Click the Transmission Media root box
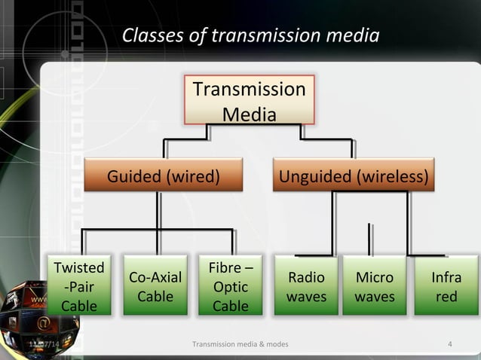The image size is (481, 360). [249, 101]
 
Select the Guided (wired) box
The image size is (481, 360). [164, 177]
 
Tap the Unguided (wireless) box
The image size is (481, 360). [354, 177]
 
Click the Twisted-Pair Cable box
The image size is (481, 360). [79, 286]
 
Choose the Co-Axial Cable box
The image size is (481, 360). [155, 286]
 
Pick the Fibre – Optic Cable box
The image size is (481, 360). [231, 286]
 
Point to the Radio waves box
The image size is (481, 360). [306, 286]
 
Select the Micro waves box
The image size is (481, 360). [375, 286]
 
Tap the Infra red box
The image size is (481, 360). [446, 286]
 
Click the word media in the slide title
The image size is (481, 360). [349, 35]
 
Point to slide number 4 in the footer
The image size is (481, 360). [450, 345]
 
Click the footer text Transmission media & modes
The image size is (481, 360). [240, 345]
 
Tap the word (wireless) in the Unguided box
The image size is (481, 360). [394, 177]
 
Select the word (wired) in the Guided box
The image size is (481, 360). [194, 177]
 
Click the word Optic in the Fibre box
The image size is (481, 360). [231, 287]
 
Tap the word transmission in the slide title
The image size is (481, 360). [262, 35]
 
